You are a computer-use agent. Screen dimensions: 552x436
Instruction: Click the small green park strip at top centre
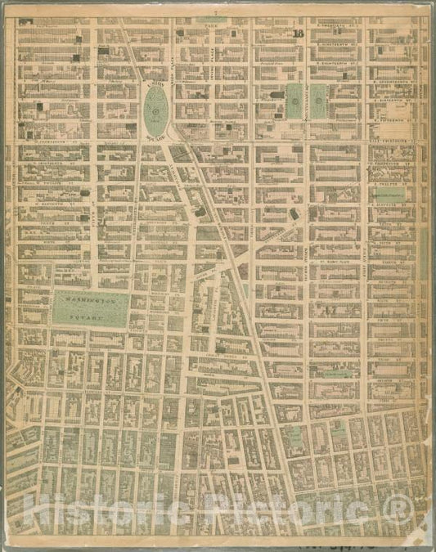[212, 19]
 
